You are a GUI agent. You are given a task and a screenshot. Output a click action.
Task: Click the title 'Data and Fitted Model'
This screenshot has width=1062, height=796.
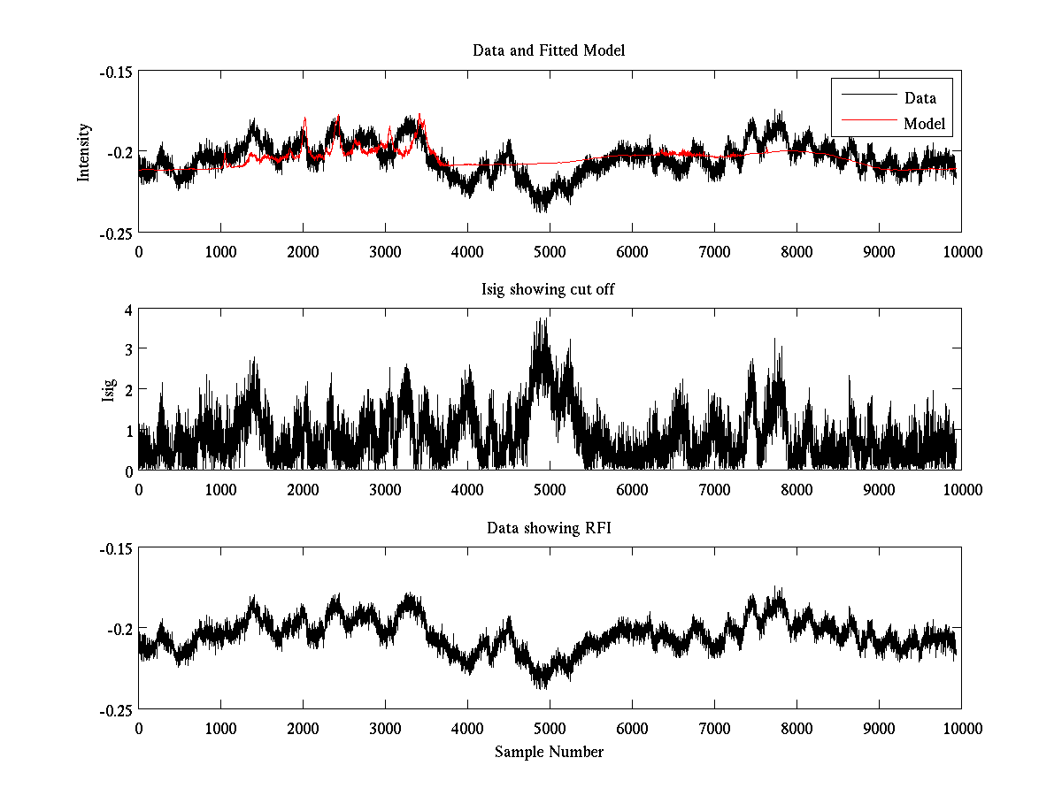pyautogui.click(x=549, y=50)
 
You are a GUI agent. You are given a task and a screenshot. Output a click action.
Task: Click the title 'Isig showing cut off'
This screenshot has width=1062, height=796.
pyautogui.click(x=549, y=289)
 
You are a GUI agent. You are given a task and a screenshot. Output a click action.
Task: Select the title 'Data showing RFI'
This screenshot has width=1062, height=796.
pyautogui.click(x=549, y=528)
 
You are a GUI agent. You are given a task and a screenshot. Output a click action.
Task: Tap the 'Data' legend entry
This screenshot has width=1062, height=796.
pyautogui.click(x=920, y=98)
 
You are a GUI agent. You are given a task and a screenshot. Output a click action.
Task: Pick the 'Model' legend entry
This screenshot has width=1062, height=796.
pyautogui.click(x=924, y=124)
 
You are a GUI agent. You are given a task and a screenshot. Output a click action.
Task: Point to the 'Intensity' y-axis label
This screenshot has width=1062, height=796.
pyautogui.click(x=84, y=152)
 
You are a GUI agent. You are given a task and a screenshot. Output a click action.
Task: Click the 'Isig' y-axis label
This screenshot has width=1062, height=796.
pyautogui.click(x=109, y=390)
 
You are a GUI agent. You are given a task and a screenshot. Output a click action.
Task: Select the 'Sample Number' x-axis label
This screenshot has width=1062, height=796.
pyautogui.click(x=549, y=752)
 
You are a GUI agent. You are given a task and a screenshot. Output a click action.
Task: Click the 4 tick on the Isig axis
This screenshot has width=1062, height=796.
pyautogui.click(x=128, y=310)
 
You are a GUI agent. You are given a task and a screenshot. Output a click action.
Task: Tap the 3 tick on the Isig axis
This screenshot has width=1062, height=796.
pyautogui.click(x=128, y=350)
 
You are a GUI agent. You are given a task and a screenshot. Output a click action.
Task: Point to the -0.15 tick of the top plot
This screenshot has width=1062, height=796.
pyautogui.click(x=116, y=72)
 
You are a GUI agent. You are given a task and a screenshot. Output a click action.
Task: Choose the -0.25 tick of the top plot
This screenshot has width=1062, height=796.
pyautogui.click(x=116, y=233)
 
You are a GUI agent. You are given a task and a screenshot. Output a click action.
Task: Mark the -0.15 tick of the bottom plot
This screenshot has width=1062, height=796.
pyautogui.click(x=116, y=549)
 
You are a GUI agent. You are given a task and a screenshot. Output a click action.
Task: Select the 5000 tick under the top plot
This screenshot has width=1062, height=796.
pyautogui.click(x=549, y=251)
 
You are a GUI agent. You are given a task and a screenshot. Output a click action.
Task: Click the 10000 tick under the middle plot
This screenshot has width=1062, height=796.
pyautogui.click(x=960, y=490)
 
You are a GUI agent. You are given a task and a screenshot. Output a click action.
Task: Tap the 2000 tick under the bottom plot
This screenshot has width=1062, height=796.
pyautogui.click(x=303, y=729)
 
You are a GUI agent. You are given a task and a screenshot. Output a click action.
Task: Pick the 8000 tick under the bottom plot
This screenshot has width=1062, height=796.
pyautogui.click(x=796, y=729)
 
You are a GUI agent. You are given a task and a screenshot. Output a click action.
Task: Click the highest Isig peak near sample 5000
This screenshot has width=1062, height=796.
pyautogui.click(x=547, y=319)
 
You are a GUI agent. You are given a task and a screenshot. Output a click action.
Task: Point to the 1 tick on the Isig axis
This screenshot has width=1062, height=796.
pyautogui.click(x=128, y=431)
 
